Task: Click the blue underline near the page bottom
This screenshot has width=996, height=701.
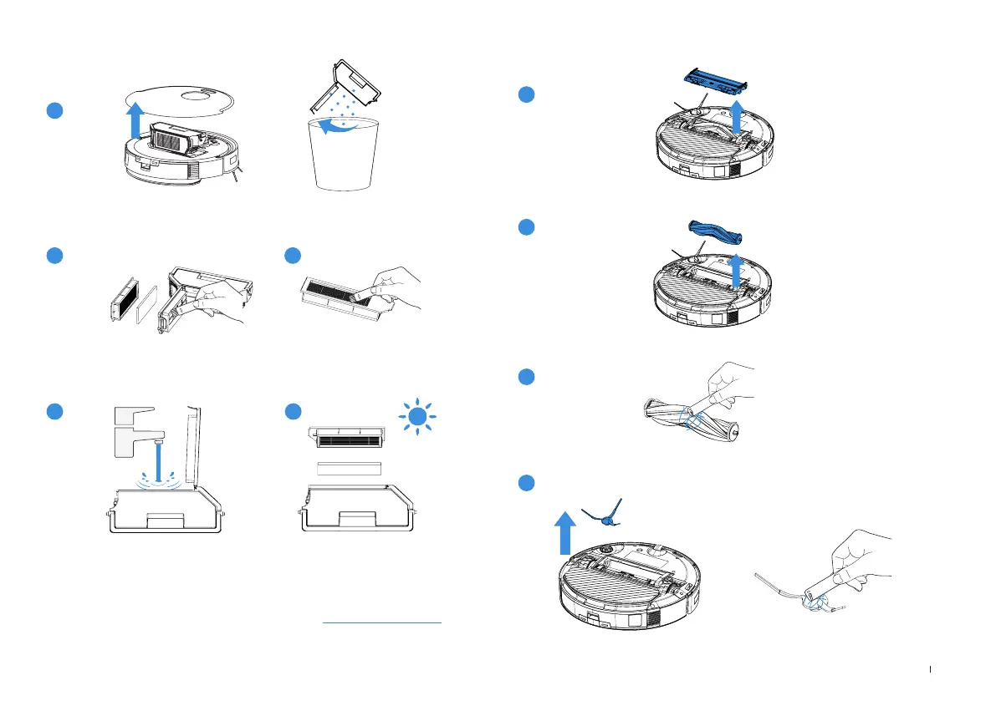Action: (381, 622)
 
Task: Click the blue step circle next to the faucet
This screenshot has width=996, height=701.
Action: (54, 412)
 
